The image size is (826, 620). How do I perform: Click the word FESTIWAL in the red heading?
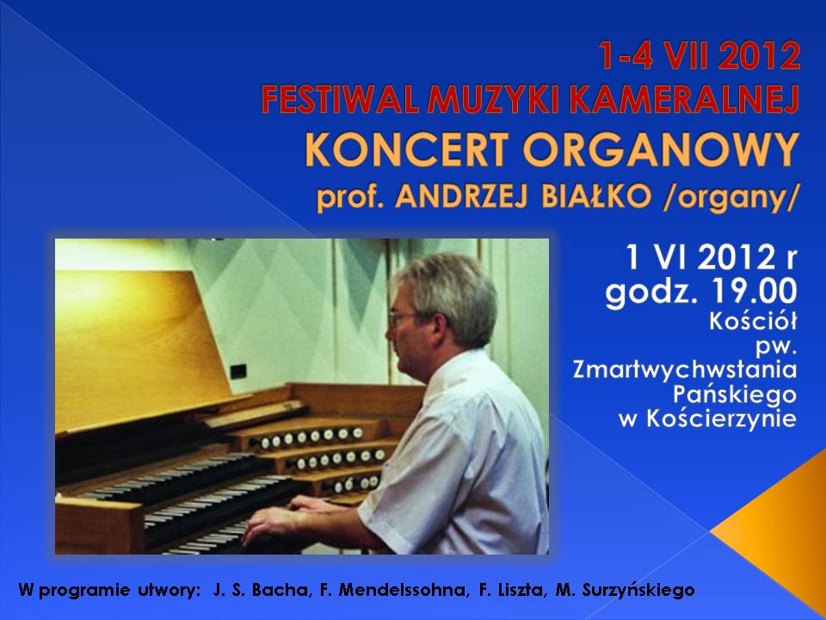(341, 100)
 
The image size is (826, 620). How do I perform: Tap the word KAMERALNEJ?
(685, 100)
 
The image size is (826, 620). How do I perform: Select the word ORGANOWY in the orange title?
(661, 149)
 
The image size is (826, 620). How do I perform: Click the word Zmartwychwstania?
(684, 369)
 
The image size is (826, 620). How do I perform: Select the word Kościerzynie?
(721, 418)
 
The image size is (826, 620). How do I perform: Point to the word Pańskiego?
(734, 395)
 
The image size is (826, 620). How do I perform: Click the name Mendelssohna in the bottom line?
(402, 589)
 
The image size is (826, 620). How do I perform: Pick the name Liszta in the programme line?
(519, 589)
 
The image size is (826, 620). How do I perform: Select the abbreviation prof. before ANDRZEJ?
(350, 199)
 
